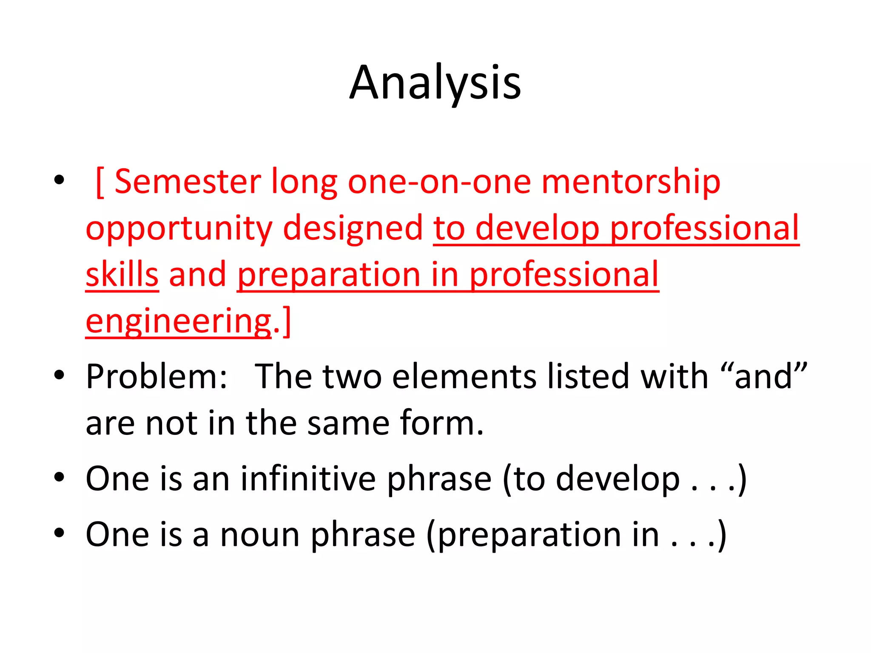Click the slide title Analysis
[x=435, y=83]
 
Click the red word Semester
[x=188, y=182]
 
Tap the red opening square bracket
[x=100, y=183]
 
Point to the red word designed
[x=353, y=229]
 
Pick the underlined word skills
[x=122, y=275]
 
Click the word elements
[x=464, y=377]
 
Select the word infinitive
[x=308, y=479]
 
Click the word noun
[x=259, y=534]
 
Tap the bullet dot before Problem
[x=59, y=375]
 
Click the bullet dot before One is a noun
[x=59, y=533]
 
